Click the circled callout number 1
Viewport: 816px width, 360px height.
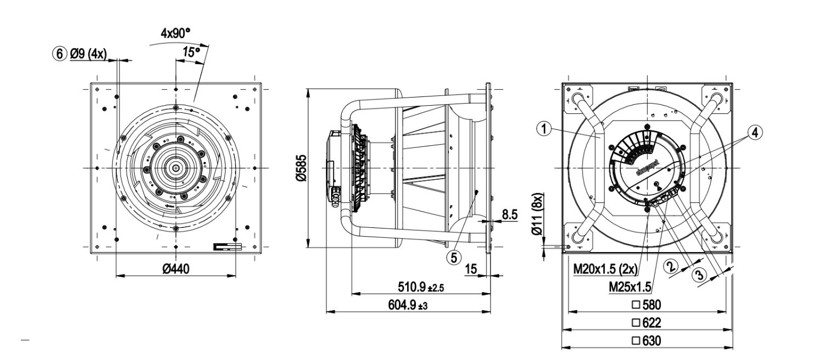[x=543, y=129]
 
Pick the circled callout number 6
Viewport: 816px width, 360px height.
[x=58, y=54]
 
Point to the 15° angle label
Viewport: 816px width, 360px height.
[x=191, y=53]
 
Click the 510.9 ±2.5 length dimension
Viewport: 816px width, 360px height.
[x=420, y=287]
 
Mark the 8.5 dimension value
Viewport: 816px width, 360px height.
[x=510, y=215]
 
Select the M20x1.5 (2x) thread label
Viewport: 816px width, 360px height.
[x=603, y=270]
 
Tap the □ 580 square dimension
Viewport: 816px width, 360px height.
[x=647, y=305]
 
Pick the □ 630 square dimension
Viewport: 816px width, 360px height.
[x=647, y=341]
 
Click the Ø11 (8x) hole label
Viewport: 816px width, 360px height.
[x=539, y=215]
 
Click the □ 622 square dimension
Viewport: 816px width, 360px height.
[x=647, y=323]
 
